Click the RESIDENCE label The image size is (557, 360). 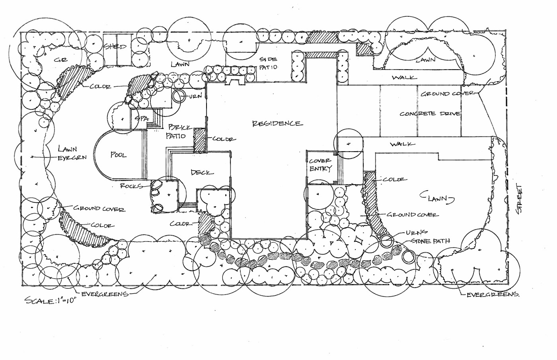[277, 123]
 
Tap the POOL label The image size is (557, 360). [118, 155]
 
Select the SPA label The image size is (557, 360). [141, 119]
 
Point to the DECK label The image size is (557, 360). [202, 172]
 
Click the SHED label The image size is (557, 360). [115, 47]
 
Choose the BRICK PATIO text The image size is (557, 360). [177, 132]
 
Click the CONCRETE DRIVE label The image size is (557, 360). [430, 114]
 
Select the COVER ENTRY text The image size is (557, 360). [320, 165]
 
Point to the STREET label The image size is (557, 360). [518, 199]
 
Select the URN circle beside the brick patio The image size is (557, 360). [179, 96]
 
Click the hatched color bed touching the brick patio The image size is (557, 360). [199, 140]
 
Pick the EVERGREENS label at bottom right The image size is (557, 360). [493, 295]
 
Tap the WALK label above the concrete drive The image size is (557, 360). [404, 78]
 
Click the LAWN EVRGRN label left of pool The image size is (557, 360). [72, 153]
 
